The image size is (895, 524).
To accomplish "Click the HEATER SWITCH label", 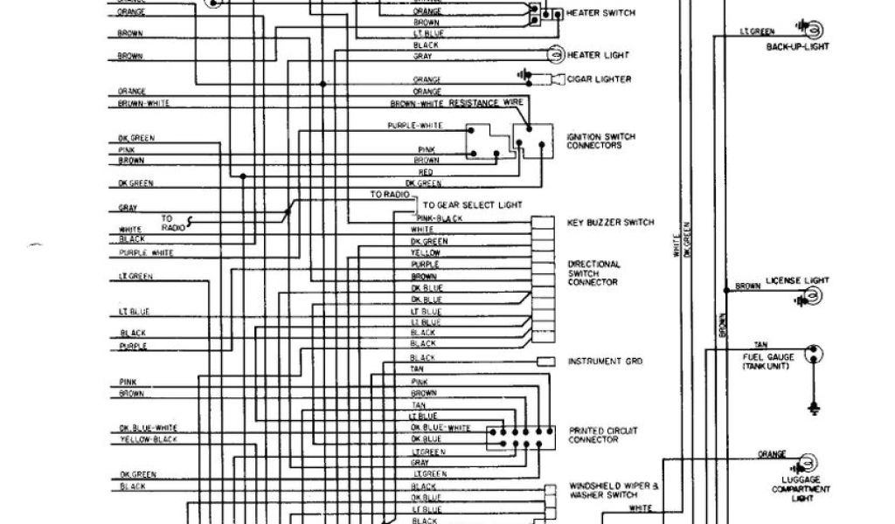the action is pyautogui.click(x=600, y=14).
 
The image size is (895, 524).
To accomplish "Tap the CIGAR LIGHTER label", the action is pyautogui.click(x=599, y=79).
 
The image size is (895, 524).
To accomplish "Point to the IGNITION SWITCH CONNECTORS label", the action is pyautogui.click(x=600, y=141).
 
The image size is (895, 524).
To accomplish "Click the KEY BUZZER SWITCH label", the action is pyautogui.click(x=610, y=223).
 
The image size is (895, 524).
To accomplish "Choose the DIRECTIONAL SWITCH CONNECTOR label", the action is pyautogui.click(x=593, y=272).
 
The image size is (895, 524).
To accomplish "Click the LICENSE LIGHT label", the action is pyautogui.click(x=797, y=280).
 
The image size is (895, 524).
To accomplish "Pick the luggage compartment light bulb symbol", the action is pyautogui.click(x=808, y=462).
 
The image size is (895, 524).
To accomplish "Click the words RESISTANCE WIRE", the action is pyautogui.click(x=485, y=103).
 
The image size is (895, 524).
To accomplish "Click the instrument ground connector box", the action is pyautogui.click(x=545, y=361).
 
